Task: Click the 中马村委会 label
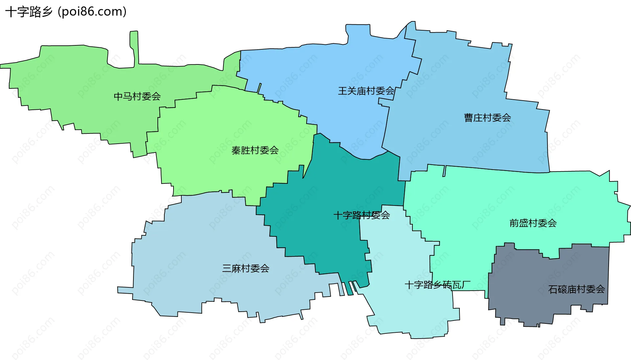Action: [137, 96]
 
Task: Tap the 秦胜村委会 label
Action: [255, 150]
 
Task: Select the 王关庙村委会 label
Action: [366, 91]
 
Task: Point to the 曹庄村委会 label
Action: [487, 117]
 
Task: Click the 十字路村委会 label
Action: [362, 215]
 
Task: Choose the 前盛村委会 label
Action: [533, 223]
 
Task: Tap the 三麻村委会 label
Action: [245, 268]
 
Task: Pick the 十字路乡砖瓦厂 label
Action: [437, 285]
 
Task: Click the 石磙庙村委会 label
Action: [576, 289]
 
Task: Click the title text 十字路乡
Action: [29, 12]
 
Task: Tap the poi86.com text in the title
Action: [92, 12]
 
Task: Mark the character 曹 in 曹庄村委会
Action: [469, 117]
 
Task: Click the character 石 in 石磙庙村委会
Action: [553, 289]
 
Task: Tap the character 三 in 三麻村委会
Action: [227, 268]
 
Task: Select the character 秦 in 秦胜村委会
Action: [236, 150]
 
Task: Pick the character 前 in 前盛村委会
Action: [514, 223]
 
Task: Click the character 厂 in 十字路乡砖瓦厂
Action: [466, 285]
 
